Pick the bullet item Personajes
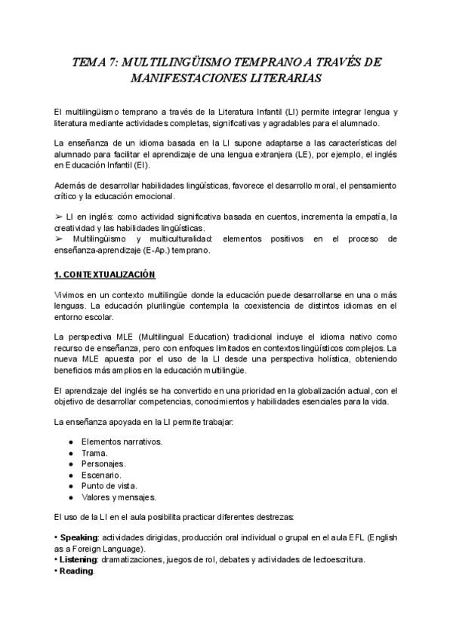click(103, 463)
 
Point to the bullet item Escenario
click(102, 475)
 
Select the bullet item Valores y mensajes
click(119, 497)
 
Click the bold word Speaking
click(79, 537)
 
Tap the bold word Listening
click(79, 559)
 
